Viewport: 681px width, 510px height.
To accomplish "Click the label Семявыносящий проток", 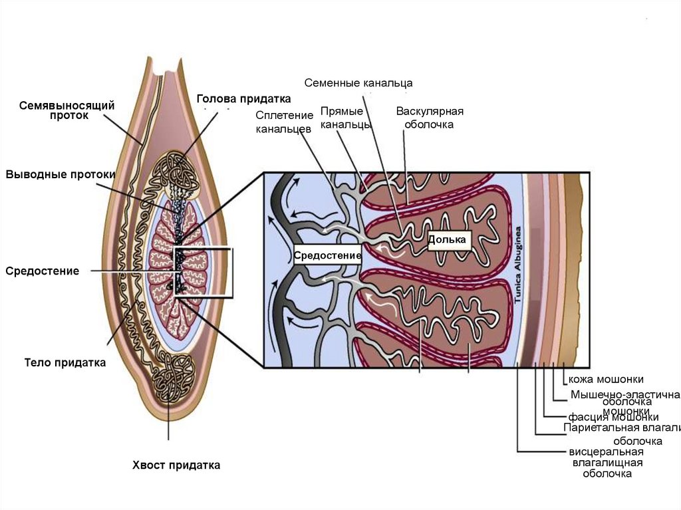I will coord(67,110).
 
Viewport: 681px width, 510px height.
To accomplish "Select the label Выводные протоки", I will coord(61,174).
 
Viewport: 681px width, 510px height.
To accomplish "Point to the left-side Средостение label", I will coord(43,271).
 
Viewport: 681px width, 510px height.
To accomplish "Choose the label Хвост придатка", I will coord(176,465).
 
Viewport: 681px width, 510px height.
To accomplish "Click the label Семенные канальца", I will coord(359,83).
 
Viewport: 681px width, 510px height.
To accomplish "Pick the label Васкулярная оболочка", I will coord(430,118).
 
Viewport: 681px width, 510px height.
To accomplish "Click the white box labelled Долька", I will coord(450,239).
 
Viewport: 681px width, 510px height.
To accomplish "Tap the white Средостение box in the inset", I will coord(328,255).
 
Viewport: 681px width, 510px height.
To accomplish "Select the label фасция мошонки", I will coord(613,417).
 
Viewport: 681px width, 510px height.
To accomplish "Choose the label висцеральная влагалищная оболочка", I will coord(607,463).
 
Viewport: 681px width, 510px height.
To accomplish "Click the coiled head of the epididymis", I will coord(176,174).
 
